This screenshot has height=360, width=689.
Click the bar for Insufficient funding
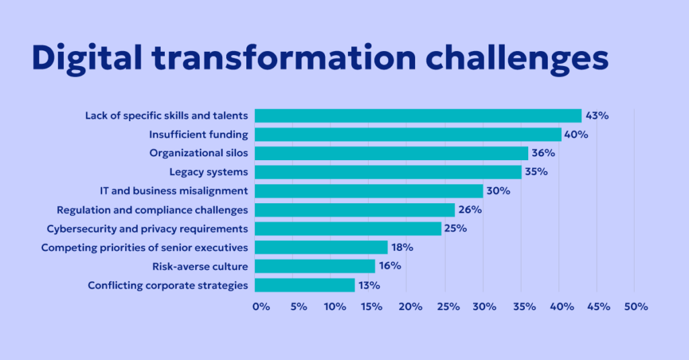(x=407, y=135)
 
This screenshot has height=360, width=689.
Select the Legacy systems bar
(x=388, y=172)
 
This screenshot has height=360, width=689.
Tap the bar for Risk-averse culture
(x=314, y=266)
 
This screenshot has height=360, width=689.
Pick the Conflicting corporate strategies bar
(x=304, y=285)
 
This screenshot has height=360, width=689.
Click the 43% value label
(x=597, y=116)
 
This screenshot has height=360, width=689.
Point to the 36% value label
(x=543, y=153)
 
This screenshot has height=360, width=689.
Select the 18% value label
(x=402, y=247)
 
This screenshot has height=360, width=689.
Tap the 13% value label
(x=369, y=285)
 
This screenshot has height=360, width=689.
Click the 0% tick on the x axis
(x=261, y=307)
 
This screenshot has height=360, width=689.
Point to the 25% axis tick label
(x=448, y=307)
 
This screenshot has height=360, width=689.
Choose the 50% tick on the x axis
(x=636, y=307)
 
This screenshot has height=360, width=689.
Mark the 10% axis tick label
(x=335, y=307)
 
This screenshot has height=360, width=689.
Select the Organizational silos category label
(x=198, y=153)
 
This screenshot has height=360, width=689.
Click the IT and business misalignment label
(x=182, y=191)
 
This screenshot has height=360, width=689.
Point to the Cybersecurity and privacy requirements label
(x=147, y=229)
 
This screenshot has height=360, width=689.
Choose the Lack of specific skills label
(x=166, y=116)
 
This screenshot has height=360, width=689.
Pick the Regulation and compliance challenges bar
(x=355, y=210)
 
